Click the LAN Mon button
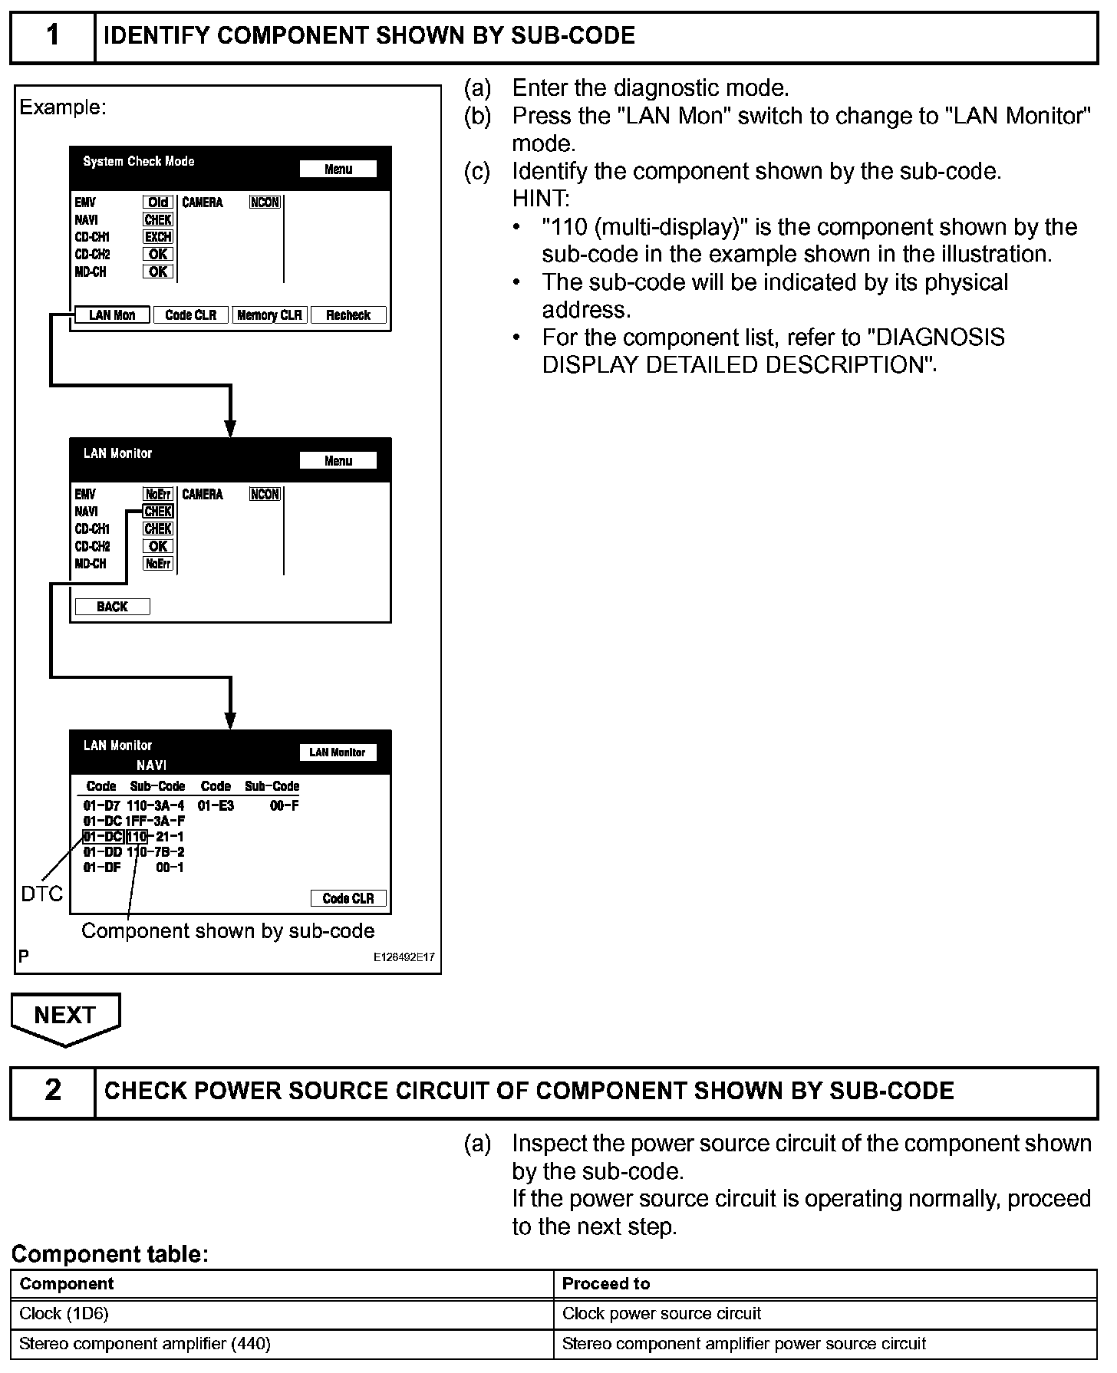point(112,315)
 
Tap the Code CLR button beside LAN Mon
point(191,315)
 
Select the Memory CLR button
point(269,315)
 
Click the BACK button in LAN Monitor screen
point(112,607)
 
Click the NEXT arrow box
point(65,1017)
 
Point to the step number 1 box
point(52,36)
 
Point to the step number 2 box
point(52,1091)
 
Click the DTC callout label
point(42,894)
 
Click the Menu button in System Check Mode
point(338,169)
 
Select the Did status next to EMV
point(158,202)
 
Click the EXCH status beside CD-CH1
point(158,237)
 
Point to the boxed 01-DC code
point(103,836)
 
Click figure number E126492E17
point(404,957)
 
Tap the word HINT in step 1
point(541,199)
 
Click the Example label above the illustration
point(63,107)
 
